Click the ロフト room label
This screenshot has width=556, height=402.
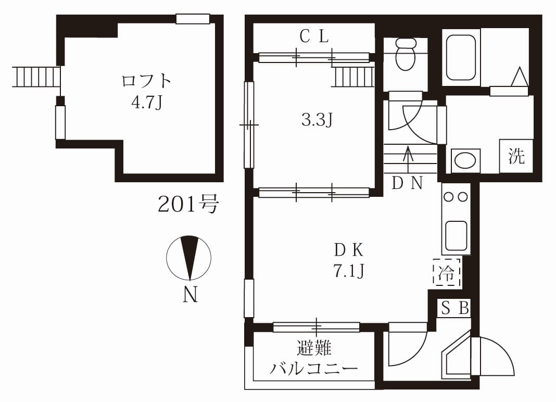(x=146, y=81)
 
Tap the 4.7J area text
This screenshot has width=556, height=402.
(x=146, y=103)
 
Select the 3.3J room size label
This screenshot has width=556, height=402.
(x=317, y=120)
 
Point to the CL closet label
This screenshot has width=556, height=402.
(x=314, y=36)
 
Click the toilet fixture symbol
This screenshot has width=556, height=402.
(x=406, y=54)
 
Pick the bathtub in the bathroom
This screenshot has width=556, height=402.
(x=461, y=57)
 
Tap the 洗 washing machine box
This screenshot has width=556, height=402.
(x=516, y=156)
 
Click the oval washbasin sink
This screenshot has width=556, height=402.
(x=465, y=161)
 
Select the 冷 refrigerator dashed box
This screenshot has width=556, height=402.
(x=447, y=272)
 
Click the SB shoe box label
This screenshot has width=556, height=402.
(x=456, y=308)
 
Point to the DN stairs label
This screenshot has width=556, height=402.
(x=408, y=183)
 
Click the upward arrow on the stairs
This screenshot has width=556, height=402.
(x=408, y=160)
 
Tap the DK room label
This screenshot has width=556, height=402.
(x=349, y=250)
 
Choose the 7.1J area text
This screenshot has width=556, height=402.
(x=349, y=271)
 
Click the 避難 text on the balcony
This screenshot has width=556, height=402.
(x=314, y=348)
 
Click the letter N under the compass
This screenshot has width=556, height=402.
(x=190, y=294)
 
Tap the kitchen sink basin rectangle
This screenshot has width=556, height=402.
(x=456, y=235)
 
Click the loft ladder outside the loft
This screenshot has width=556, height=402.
(x=36, y=76)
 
